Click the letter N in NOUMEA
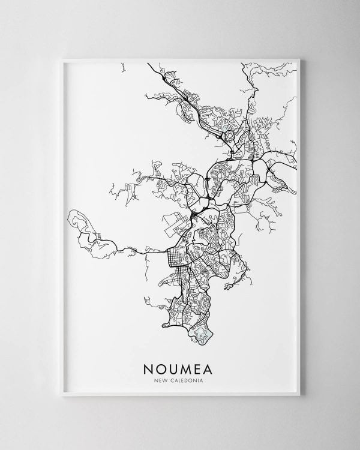[146, 365]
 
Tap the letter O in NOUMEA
[160, 365]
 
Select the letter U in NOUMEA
[175, 365]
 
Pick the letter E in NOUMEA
[204, 365]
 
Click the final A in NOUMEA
[217, 365]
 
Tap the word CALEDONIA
[188, 378]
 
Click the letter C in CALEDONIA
[175, 378]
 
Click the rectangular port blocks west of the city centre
[174, 222]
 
